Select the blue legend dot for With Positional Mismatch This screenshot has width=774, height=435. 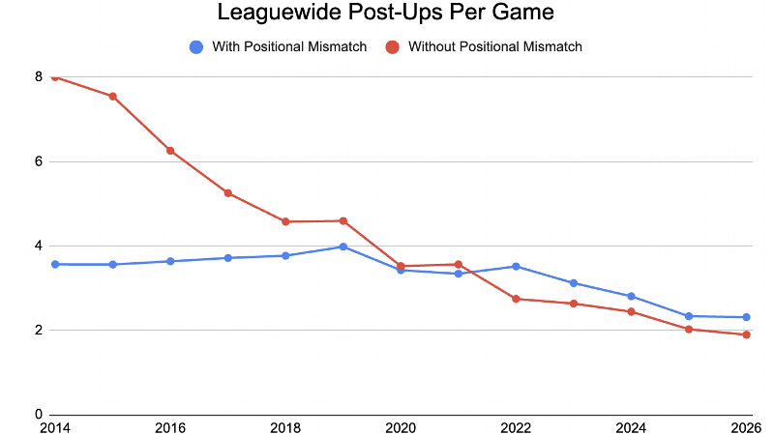pyautogui.click(x=197, y=46)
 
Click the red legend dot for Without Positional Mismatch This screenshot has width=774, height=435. pyautogui.click(x=394, y=46)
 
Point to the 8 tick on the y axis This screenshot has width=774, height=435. pyautogui.click(x=39, y=77)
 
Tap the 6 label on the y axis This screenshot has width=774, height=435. pyautogui.click(x=39, y=161)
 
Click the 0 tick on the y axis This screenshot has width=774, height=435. pyautogui.click(x=39, y=415)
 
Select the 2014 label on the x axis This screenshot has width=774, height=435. pyautogui.click(x=54, y=426)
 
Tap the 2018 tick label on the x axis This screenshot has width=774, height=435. pyautogui.click(x=286, y=426)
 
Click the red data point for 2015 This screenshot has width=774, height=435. pyautogui.click(x=112, y=96)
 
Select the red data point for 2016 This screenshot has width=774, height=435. pyautogui.click(x=170, y=151)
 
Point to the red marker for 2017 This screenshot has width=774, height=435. pyautogui.click(x=228, y=193)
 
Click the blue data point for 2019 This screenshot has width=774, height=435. pyautogui.click(x=343, y=246)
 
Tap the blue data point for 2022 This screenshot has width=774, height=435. pyautogui.click(x=516, y=266)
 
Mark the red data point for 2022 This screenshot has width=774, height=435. pyautogui.click(x=516, y=299)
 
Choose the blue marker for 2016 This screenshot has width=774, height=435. pyautogui.click(x=170, y=261)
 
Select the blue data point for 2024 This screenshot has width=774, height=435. pyautogui.click(x=631, y=296)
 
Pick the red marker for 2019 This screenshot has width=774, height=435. pyautogui.click(x=343, y=221)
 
